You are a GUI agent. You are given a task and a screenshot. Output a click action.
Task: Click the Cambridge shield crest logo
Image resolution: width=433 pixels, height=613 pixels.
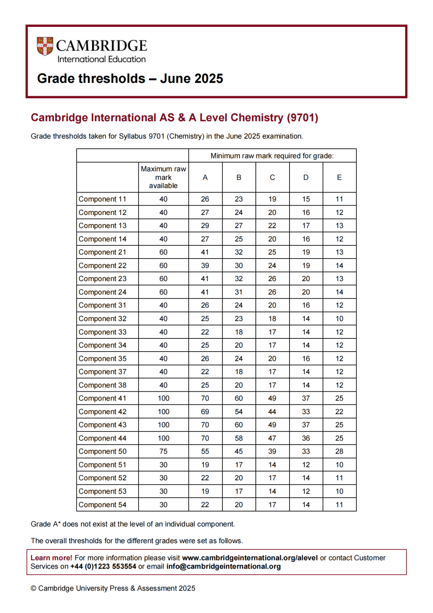click(x=45, y=46)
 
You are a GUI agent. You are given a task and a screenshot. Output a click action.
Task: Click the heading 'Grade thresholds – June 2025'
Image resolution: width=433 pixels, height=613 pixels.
click(x=130, y=79)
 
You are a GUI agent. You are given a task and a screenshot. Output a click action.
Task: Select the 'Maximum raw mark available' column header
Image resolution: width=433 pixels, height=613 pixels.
click(x=163, y=177)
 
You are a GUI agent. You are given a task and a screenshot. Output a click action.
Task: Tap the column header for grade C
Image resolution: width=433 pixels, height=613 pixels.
click(x=272, y=177)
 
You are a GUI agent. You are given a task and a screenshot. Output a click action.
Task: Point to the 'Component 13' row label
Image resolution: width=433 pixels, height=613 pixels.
click(x=102, y=226)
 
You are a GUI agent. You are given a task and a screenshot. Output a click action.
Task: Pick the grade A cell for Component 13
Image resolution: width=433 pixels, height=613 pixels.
click(x=205, y=226)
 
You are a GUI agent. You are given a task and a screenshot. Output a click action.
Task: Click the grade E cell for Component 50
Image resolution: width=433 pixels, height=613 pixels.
click(x=339, y=451)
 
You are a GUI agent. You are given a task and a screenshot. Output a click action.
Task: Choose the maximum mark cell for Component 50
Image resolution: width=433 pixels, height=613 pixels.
click(x=163, y=451)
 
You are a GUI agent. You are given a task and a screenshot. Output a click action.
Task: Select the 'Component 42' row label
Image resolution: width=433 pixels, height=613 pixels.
click(x=102, y=412)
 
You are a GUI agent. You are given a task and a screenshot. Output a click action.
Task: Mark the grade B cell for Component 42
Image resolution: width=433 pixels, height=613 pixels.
click(x=239, y=412)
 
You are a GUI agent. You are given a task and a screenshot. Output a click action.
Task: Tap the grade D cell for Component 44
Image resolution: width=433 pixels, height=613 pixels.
click(x=306, y=438)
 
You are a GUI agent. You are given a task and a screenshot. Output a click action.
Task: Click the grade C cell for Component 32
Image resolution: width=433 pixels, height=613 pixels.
click(x=272, y=319)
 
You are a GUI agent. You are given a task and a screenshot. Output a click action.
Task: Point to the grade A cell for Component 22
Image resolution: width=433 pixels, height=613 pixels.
click(x=205, y=265)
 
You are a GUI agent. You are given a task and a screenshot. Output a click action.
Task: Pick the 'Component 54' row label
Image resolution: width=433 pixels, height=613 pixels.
click(x=102, y=505)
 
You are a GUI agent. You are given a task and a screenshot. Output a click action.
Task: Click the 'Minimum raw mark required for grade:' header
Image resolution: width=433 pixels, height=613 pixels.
click(x=272, y=156)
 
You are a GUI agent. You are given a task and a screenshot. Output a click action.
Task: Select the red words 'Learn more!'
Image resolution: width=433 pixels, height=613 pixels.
click(x=51, y=558)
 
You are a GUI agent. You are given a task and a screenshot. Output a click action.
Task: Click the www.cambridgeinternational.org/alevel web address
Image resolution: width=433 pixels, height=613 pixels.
click(x=250, y=558)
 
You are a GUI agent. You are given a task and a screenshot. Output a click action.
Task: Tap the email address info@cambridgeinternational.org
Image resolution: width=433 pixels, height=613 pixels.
click(x=223, y=566)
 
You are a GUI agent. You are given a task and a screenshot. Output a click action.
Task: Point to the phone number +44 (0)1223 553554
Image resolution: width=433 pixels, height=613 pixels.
click(x=103, y=566)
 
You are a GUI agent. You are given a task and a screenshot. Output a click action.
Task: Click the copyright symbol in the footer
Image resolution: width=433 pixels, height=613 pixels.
click(x=34, y=589)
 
